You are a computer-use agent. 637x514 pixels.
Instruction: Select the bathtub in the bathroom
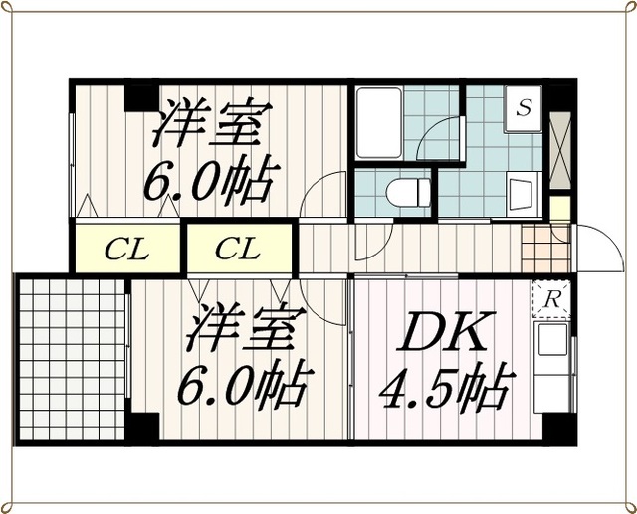378,124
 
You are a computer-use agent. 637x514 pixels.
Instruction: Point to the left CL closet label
127,249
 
